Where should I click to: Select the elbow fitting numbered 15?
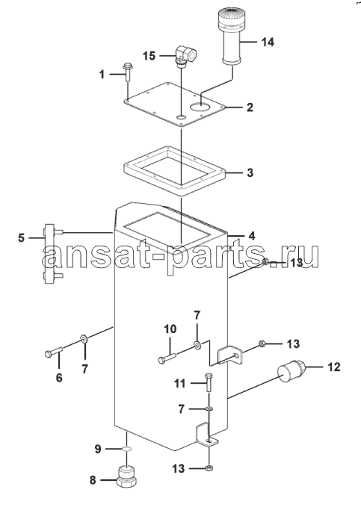click(x=185, y=55)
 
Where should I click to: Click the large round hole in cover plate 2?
click(x=201, y=106)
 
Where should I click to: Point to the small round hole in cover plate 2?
click(x=182, y=116)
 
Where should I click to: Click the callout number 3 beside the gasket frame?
click(x=250, y=172)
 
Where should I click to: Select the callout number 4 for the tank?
click(x=252, y=236)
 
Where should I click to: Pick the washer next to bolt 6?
click(x=84, y=340)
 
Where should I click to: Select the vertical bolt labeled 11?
click(x=209, y=383)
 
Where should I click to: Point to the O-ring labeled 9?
click(x=126, y=449)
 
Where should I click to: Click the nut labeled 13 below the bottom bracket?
click(x=209, y=468)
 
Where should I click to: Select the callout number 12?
click(x=333, y=367)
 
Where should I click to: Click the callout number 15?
click(x=149, y=55)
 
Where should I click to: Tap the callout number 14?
click(x=268, y=42)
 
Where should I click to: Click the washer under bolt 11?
click(x=209, y=408)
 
